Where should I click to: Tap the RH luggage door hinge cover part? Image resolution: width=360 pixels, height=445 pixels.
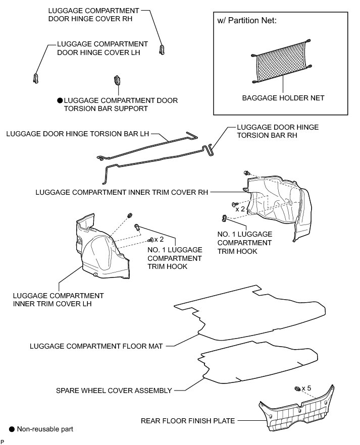163,49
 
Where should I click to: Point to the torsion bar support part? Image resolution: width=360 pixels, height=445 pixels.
117,80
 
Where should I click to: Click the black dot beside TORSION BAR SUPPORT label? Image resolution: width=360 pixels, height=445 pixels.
59,101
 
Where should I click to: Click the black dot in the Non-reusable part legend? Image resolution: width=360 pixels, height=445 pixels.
11,429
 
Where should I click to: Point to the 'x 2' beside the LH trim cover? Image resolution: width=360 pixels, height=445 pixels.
160,239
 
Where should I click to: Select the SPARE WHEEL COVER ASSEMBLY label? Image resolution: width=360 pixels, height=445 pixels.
115,390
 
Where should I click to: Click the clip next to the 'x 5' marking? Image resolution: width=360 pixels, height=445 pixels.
297,388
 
